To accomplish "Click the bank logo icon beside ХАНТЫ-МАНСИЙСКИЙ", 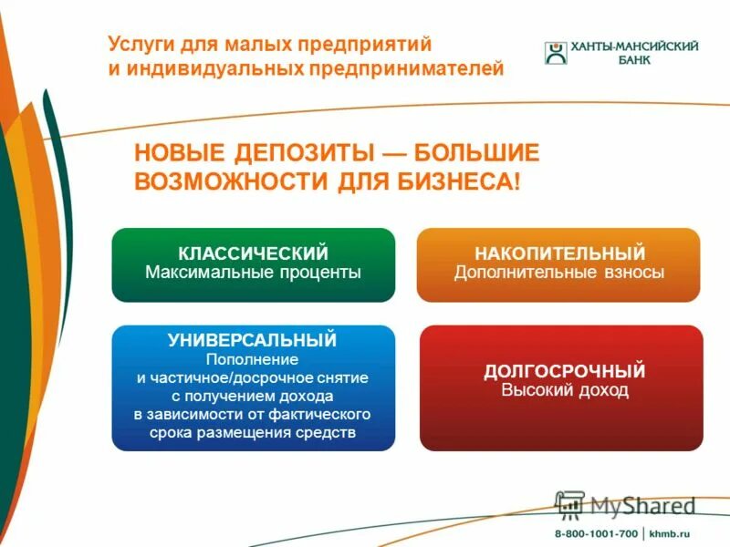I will coord(556,53).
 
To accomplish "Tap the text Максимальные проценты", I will coord(253,272).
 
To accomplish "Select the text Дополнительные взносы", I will coord(558,272).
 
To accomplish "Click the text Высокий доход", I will coord(565,390).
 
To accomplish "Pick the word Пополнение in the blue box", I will coord(253,359).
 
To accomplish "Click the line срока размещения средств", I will coord(253,432).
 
